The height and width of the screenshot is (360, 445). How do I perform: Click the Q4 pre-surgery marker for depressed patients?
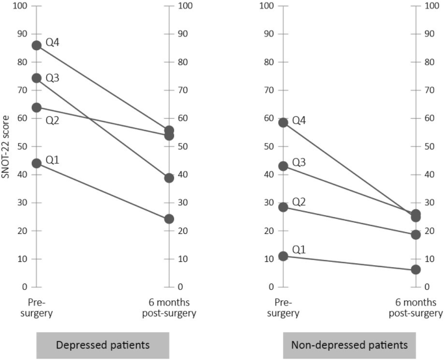(x=36, y=45)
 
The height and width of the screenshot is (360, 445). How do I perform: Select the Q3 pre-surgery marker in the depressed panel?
(x=36, y=78)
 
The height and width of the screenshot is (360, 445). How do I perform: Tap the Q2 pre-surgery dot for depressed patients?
(x=36, y=107)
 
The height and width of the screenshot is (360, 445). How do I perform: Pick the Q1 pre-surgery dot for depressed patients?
(x=36, y=163)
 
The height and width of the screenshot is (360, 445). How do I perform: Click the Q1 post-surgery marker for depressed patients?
(x=169, y=219)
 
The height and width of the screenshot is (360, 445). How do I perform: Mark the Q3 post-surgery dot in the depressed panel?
(x=169, y=177)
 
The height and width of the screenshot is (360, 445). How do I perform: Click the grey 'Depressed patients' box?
(x=103, y=345)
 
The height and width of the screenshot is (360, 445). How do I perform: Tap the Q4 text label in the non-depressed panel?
(x=299, y=120)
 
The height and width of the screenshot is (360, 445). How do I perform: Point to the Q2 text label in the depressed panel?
(x=53, y=120)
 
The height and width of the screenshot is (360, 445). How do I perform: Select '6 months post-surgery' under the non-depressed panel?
(x=416, y=308)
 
